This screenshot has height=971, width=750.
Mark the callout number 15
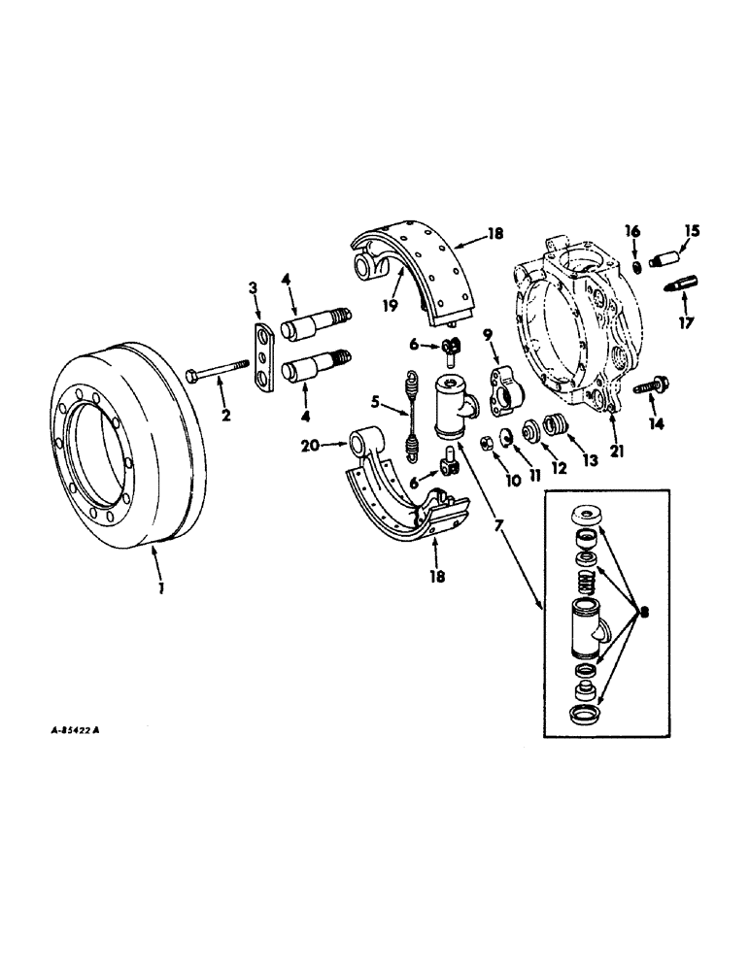point(694,231)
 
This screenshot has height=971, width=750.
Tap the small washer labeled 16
point(631,265)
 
